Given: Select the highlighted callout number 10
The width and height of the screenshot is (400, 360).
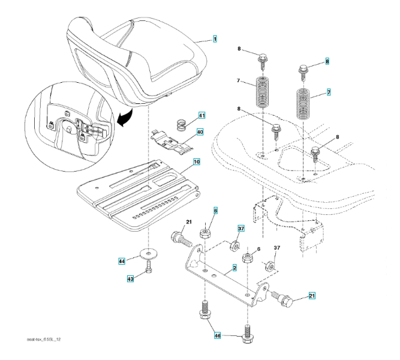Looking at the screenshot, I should pos(196,161).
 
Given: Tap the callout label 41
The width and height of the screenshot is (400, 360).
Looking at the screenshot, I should pos(201,115).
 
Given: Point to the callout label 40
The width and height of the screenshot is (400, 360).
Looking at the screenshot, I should pos(199,132).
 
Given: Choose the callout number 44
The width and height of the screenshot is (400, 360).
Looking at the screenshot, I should pos(121,261).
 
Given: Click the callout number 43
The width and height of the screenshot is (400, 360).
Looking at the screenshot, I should pos(130,278).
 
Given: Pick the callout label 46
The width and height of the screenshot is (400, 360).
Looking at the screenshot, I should pos(218,337).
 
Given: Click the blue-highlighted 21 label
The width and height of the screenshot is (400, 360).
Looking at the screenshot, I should pos(311,296).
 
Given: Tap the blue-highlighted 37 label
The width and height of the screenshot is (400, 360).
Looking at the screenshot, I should pos(240,229).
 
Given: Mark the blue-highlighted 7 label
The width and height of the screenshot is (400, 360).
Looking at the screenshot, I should pos(328,93).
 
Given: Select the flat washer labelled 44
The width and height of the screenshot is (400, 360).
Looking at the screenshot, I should pos(146,254).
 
